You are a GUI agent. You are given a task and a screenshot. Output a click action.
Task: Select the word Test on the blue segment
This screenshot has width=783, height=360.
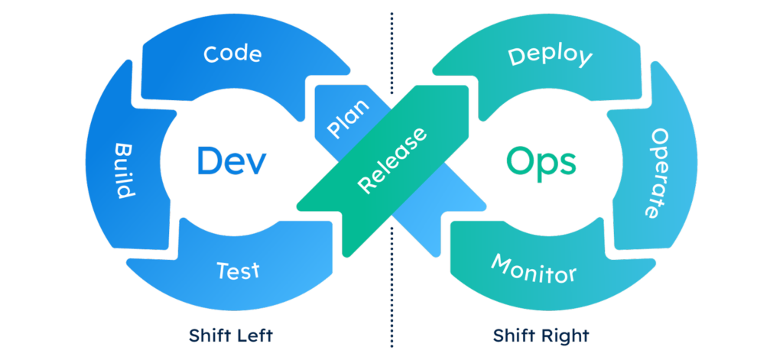point(238,271)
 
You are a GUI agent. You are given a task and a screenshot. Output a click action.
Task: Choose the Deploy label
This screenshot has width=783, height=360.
point(550,56)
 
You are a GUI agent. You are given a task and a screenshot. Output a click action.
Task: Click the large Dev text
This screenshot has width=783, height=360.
point(229,161)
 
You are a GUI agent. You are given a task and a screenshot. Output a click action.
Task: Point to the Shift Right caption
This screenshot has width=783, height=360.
point(541,336)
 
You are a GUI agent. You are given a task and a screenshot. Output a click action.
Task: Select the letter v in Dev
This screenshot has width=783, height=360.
point(255,164)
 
